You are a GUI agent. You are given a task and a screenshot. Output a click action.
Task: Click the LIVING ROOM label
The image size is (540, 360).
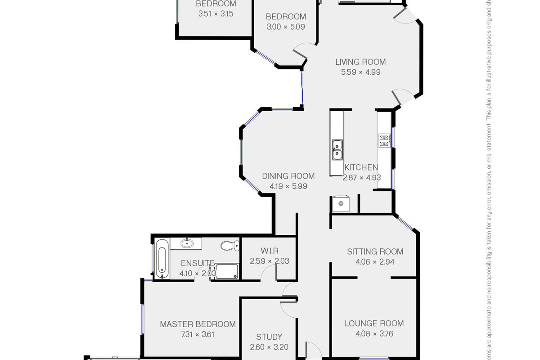tap(360, 62)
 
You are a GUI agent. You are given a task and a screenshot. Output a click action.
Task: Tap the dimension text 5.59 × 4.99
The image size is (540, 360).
tap(360, 72)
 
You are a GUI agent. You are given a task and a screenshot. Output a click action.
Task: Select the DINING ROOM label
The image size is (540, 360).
tap(288, 176)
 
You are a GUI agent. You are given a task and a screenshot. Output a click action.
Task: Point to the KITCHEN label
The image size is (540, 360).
tap(360, 167)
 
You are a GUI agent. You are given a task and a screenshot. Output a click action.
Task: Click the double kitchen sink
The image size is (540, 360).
tap(337, 150)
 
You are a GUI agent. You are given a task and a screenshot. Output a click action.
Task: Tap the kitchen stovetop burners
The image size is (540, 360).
tap(384, 141)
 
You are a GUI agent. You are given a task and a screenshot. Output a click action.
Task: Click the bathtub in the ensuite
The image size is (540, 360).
tap(162, 259)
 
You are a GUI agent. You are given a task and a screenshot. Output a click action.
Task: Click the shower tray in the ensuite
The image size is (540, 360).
tap(226, 271)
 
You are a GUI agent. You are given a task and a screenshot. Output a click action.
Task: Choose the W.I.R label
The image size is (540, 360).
tap(269, 251)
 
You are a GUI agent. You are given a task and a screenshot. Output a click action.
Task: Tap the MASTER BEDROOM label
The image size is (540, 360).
tap(198, 324)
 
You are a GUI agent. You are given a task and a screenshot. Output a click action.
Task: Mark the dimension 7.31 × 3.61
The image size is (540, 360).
tap(198, 334)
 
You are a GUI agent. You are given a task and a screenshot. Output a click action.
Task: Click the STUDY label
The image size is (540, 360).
tap(269, 337)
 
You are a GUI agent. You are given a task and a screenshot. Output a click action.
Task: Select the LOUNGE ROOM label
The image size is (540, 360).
tap(374, 323)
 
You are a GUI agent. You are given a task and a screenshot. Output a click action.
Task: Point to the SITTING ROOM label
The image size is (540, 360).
tap(375, 252)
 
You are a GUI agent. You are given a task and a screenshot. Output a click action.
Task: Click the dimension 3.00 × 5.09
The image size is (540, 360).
tap(286, 27)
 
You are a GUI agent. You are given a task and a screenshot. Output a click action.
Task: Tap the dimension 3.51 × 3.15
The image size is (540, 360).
tap(216, 14)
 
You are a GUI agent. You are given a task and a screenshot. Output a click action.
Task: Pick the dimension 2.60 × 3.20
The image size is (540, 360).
tap(269, 347)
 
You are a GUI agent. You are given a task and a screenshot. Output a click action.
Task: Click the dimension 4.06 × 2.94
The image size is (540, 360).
tap(375, 262)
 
